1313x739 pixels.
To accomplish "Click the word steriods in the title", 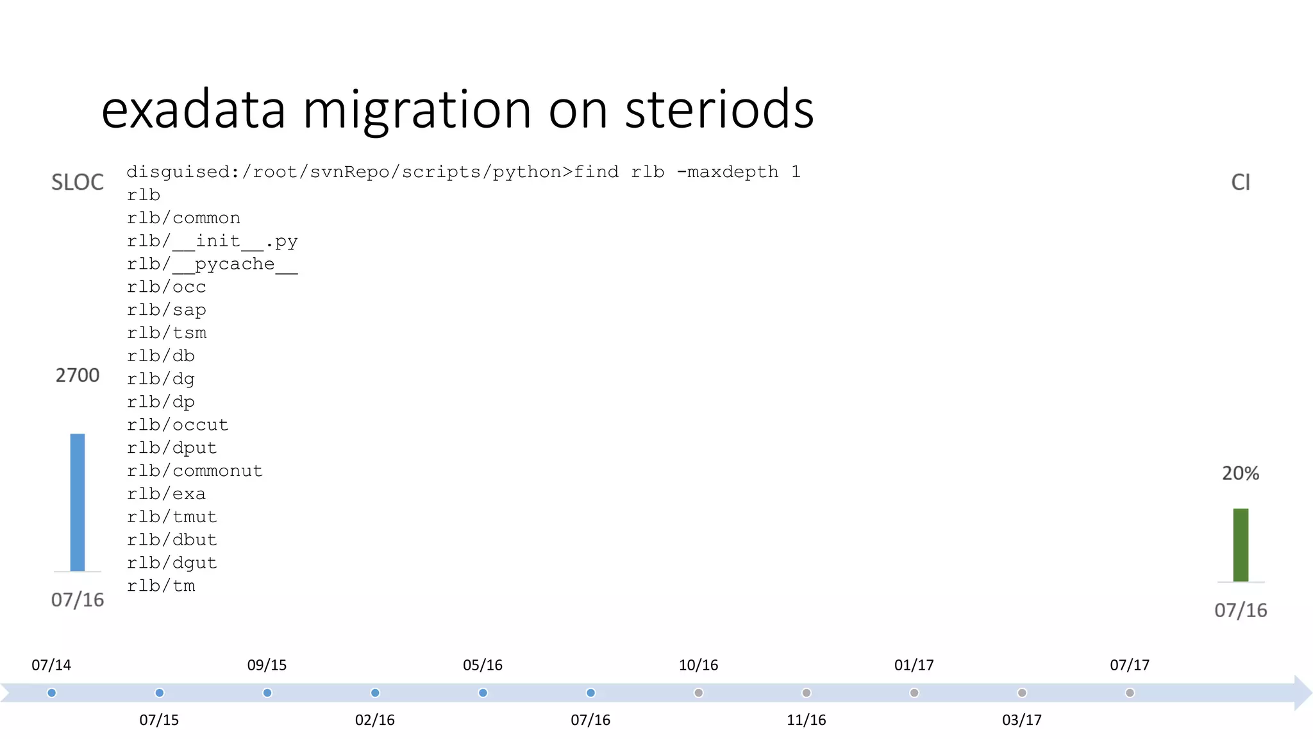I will click(x=719, y=109).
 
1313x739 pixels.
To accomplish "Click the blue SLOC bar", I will click(x=78, y=502).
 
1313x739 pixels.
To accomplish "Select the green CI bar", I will click(x=1241, y=545).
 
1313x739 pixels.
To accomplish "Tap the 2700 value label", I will click(x=78, y=375).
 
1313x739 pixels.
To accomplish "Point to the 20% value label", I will click(x=1241, y=473).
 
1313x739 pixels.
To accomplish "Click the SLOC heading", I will click(x=78, y=183).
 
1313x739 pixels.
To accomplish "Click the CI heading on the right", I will click(x=1241, y=183).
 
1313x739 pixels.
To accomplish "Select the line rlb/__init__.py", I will click(x=212, y=241).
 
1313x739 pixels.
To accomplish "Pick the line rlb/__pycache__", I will click(x=212, y=264).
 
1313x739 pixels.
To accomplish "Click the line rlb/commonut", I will click(x=195, y=471).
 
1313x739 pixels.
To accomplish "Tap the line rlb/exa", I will click(x=166, y=494).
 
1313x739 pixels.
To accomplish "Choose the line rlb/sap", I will click(x=166, y=310).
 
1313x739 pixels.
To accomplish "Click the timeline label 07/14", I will click(x=51, y=665).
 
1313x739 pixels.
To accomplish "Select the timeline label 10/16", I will click(x=698, y=665).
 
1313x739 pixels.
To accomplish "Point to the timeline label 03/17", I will click(x=1022, y=720).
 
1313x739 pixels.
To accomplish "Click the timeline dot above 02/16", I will click(x=375, y=693).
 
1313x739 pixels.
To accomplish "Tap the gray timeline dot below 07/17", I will click(x=1130, y=693).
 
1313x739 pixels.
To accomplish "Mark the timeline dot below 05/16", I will click(x=483, y=693).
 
